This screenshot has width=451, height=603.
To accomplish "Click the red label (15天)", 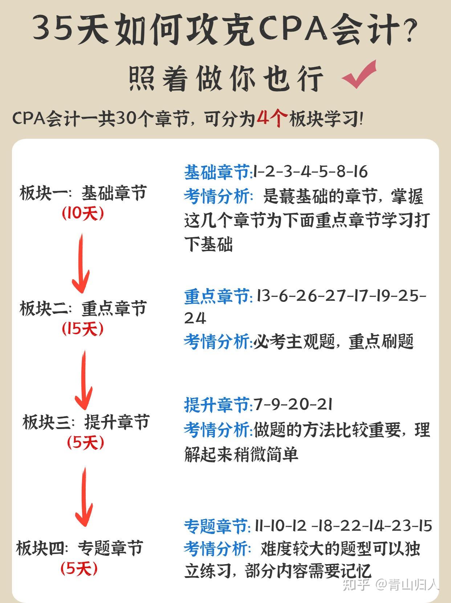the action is [x=82, y=328].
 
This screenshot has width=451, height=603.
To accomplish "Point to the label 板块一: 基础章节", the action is [x=83, y=193].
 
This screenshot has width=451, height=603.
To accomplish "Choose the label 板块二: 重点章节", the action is [x=83, y=308].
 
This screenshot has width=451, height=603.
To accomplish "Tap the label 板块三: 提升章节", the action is [x=86, y=422].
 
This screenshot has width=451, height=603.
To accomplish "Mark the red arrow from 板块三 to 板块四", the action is [x=84, y=496].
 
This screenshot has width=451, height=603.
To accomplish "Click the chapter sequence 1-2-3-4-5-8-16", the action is [x=310, y=172].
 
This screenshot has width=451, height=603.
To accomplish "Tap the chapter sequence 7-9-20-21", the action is [x=293, y=405].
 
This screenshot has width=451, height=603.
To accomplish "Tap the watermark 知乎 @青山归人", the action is [x=391, y=584].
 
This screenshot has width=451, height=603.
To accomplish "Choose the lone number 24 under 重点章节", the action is [x=195, y=319].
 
